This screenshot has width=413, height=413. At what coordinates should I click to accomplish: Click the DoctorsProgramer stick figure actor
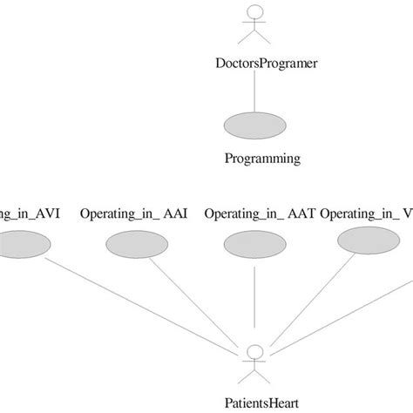(x=253, y=25)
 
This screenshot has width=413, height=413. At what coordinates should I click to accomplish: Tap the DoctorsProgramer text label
(x=253, y=63)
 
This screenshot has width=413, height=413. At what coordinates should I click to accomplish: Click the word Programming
(x=262, y=159)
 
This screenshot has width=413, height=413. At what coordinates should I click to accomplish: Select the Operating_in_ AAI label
(x=133, y=213)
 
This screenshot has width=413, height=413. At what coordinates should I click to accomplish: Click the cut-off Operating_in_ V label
(x=366, y=213)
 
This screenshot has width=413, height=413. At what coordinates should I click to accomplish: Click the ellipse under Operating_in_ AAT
(x=253, y=242)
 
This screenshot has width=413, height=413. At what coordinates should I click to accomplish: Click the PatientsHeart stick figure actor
(x=254, y=361)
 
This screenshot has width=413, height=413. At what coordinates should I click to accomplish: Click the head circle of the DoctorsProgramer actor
(x=253, y=12)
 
